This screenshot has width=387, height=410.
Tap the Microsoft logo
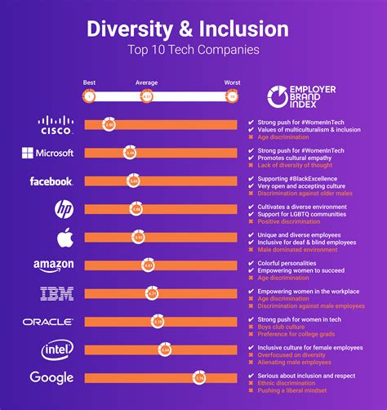pyautogui.click(x=48, y=153)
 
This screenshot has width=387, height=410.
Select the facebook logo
pyautogui.click(x=51, y=181)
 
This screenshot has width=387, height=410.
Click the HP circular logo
pyautogui.click(x=63, y=209)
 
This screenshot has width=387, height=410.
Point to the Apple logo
pyautogui.click(x=64, y=237)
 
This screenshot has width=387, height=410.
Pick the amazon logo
pyautogui.click(x=54, y=265)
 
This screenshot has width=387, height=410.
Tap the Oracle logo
pyautogui.click(x=48, y=322)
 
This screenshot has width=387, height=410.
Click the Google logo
pyautogui.click(x=51, y=377)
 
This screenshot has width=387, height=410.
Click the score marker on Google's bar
pyautogui.click(x=199, y=378)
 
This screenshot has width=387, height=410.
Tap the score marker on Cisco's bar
pyautogui.click(x=109, y=124)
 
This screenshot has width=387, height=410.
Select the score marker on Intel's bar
pyautogui.click(x=165, y=350)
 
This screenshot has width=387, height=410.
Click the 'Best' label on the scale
pyautogui.click(x=90, y=82)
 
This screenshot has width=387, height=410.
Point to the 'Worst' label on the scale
pyautogui.click(x=232, y=82)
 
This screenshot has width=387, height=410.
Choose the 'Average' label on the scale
pyautogui.click(x=147, y=82)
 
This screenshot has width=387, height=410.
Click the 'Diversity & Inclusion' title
pyautogui.click(x=188, y=30)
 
